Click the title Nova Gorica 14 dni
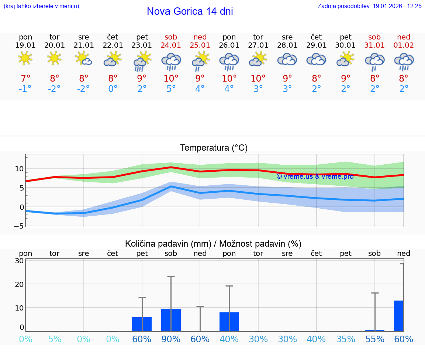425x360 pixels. pyautogui.click(x=190, y=11)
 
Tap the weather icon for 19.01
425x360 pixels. pyautogui.click(x=25, y=58)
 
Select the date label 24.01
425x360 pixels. pyautogui.click(x=171, y=45)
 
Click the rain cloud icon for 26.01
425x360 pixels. pyautogui.click(x=229, y=61)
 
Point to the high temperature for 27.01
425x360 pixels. pyautogui.click(x=258, y=79)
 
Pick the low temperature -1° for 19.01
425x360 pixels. pyautogui.click(x=25, y=89)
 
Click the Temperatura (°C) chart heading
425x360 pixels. pyautogui.click(x=214, y=148)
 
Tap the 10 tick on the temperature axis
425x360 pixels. pyautogui.click(x=19, y=169)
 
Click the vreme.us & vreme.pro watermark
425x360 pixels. pyautogui.click(x=315, y=176)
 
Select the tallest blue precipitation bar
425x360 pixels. pyautogui.click(x=398, y=316)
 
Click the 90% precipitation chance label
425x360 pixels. pyautogui.click(x=171, y=339)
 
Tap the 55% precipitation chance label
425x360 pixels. pyautogui.click(x=375, y=339)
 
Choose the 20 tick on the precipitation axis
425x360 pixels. pyautogui.click(x=20, y=284)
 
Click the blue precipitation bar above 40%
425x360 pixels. pyautogui.click(x=229, y=322)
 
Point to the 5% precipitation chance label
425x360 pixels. pyautogui.click(x=55, y=339)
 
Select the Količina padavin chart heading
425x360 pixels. pyautogui.click(x=213, y=244)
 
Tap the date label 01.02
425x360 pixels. pyautogui.click(x=404, y=45)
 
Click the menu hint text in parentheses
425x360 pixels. pyautogui.click(x=41, y=6)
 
